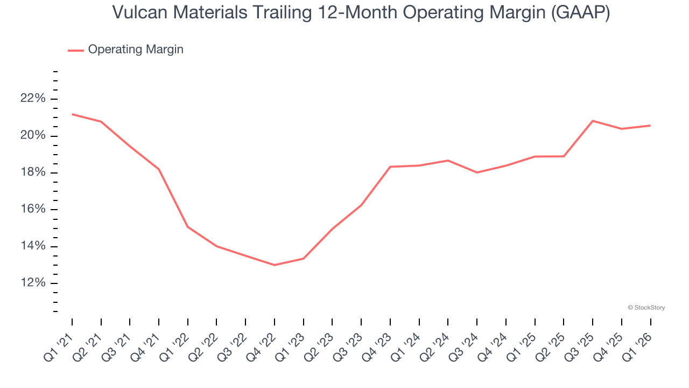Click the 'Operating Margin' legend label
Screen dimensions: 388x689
pyautogui.click(x=136, y=50)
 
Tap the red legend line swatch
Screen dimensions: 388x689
pyautogui.click(x=76, y=50)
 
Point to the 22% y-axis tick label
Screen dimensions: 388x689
pyautogui.click(x=33, y=99)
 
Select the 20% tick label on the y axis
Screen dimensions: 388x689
pyautogui.click(x=33, y=136)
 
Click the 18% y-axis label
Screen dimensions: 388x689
pyautogui.click(x=33, y=172)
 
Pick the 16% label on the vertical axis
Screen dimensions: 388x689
pyautogui.click(x=33, y=210)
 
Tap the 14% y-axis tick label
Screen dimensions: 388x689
pyautogui.click(x=33, y=246)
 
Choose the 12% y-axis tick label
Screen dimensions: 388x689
pyautogui.click(x=33, y=283)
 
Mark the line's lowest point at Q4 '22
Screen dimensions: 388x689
pyautogui.click(x=275, y=265)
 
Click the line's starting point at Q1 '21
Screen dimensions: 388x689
pyautogui.click(x=72, y=114)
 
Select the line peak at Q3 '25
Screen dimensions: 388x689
pyautogui.click(x=593, y=121)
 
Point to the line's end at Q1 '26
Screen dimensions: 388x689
pyautogui.click(x=650, y=126)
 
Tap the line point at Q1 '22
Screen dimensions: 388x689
pyautogui.click(x=188, y=227)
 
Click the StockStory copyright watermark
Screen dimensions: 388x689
pyautogui.click(x=646, y=308)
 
